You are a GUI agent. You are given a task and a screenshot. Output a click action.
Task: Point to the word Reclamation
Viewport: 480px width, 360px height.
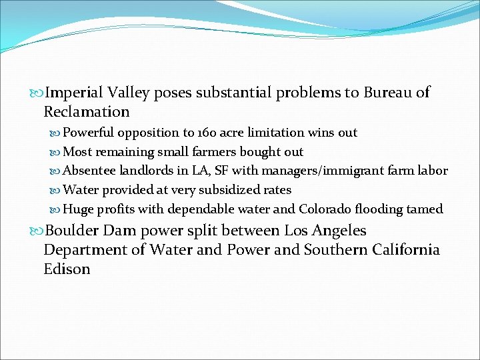[87, 111]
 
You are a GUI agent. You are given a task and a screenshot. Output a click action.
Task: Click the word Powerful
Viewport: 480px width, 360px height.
[89, 133]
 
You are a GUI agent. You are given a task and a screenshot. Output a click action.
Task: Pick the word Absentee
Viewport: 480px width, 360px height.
[89, 171]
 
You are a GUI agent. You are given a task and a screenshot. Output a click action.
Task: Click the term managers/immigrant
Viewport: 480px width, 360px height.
[320, 171]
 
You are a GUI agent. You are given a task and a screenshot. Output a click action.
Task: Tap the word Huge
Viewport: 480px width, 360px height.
[78, 209]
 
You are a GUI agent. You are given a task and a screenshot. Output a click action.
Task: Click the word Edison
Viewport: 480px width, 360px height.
[67, 269]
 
